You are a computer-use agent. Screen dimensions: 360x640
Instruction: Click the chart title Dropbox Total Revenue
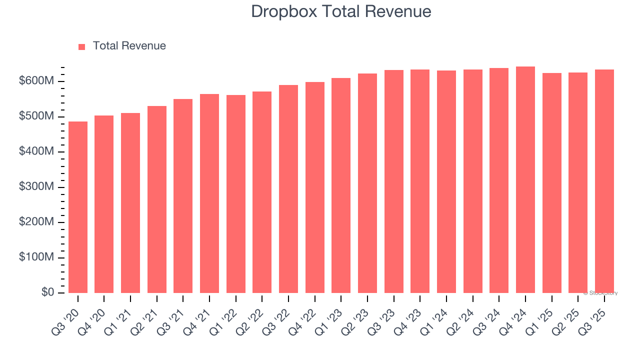(x=341, y=11)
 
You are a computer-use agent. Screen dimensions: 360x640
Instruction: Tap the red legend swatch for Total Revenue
(x=82, y=46)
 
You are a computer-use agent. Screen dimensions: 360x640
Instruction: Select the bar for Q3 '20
(x=78, y=207)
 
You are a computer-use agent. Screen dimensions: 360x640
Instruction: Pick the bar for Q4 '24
(x=525, y=179)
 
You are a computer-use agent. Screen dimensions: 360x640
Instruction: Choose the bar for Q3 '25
(x=604, y=181)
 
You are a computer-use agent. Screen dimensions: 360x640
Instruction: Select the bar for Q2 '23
(x=367, y=183)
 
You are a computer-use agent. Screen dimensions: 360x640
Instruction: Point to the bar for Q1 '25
(x=552, y=183)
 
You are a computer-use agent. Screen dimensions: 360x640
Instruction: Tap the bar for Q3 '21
(x=183, y=196)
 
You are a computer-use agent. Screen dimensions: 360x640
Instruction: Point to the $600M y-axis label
(x=35, y=81)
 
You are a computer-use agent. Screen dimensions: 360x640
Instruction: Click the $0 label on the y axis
(x=48, y=292)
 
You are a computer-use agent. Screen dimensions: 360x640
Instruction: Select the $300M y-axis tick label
(x=35, y=187)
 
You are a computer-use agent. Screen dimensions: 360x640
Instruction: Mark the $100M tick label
(x=35, y=257)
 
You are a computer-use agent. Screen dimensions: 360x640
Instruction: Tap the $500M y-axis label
(x=35, y=116)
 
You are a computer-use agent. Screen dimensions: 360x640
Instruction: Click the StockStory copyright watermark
(x=600, y=293)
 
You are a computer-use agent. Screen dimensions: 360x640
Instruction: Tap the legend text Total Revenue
(x=129, y=46)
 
